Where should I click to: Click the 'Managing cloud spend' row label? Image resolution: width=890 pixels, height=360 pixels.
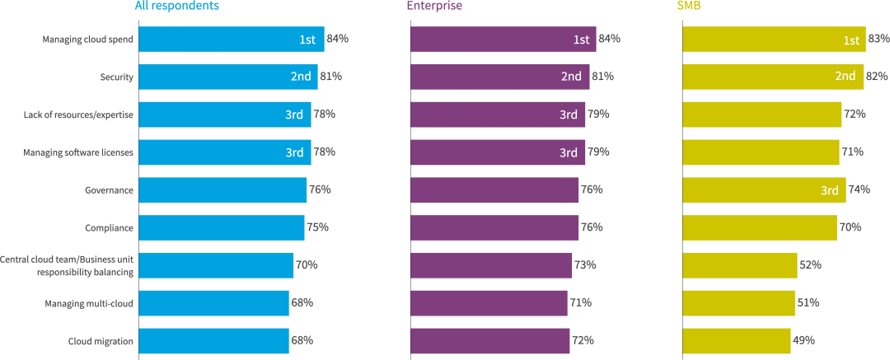[88, 39]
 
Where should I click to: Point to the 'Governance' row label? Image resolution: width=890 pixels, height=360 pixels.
[109, 190]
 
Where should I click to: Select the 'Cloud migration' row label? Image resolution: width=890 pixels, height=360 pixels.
[101, 341]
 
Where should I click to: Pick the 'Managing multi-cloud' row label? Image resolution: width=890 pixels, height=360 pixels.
[89, 304]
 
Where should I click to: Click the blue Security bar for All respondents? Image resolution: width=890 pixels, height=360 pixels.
[227, 77]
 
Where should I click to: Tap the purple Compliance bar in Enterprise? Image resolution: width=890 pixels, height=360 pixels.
[494, 228]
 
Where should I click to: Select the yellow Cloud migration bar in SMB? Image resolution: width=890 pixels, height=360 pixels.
[737, 341]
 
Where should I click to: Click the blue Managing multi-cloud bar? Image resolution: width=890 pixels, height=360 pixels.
[214, 303]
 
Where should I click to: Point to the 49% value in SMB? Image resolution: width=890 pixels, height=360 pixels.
[804, 340]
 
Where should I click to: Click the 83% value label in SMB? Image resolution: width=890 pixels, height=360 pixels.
[878, 39]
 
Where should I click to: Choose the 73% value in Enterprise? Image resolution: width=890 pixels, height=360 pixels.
[584, 265]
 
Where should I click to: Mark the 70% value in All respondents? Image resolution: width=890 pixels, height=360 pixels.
[307, 265]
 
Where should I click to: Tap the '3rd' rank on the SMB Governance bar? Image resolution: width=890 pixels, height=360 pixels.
[830, 190]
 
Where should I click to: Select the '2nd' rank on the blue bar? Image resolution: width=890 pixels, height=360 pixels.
[301, 77]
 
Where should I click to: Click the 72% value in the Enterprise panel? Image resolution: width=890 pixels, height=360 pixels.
[583, 340]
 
